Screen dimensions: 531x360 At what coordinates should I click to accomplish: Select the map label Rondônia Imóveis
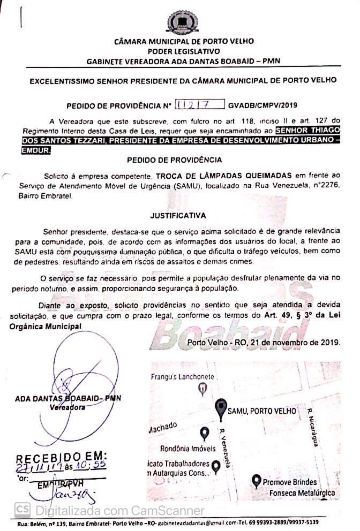pyautogui.click(x=187, y=448)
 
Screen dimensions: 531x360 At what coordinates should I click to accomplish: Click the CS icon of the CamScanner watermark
pyautogui.click(x=22, y=509)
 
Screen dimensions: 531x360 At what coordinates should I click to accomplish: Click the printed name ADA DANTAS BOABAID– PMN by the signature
pyautogui.click(x=67, y=399)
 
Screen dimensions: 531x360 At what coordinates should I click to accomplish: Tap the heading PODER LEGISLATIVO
pyautogui.click(x=181, y=51)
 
